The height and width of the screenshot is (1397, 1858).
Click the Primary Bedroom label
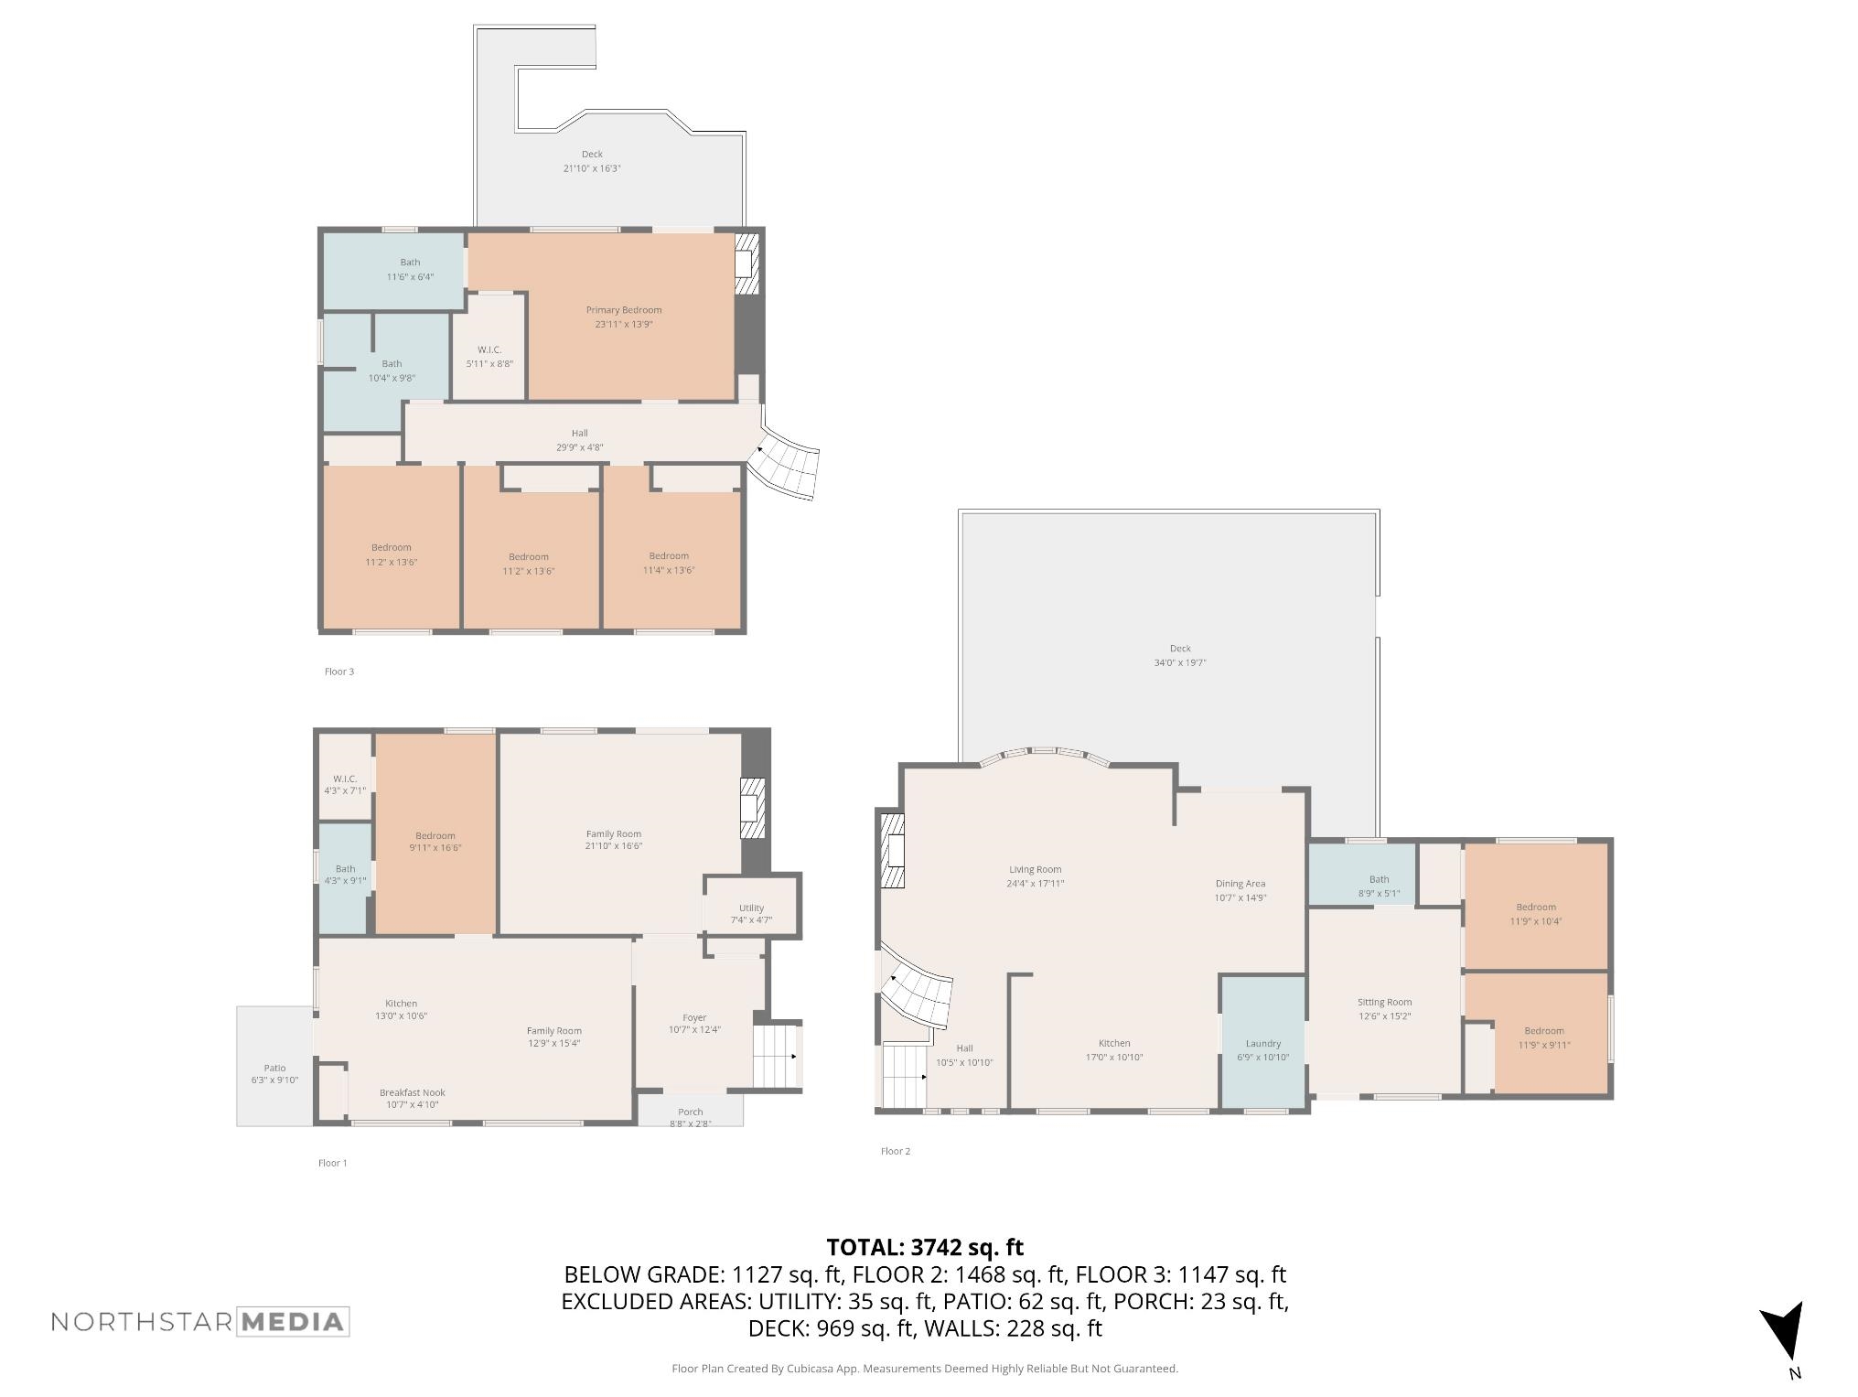click(x=624, y=310)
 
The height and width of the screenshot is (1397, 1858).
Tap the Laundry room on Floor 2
click(x=1263, y=1043)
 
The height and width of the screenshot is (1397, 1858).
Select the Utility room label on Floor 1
click(x=751, y=908)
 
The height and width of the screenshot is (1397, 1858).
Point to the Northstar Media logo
click(x=200, y=1322)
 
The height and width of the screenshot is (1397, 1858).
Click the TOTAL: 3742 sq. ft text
click(x=925, y=1248)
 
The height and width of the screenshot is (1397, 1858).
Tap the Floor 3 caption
click(x=339, y=672)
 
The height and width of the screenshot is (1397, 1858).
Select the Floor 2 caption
click(x=896, y=1151)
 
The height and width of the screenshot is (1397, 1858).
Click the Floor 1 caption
click(x=333, y=1163)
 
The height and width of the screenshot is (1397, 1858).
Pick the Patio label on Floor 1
click(x=274, y=1068)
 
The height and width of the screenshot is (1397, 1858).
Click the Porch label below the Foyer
click(x=691, y=1112)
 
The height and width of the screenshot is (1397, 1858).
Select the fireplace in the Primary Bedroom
click(x=746, y=264)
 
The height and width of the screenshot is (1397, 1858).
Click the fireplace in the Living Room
click(x=893, y=850)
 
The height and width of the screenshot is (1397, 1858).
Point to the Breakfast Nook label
click(x=413, y=1092)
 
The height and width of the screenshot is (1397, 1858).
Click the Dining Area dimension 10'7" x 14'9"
click(x=1240, y=897)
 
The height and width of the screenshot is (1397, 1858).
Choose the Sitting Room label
click(x=1384, y=1002)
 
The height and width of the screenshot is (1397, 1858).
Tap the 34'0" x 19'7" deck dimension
click(x=1180, y=662)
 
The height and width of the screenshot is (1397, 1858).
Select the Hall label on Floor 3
click(x=580, y=433)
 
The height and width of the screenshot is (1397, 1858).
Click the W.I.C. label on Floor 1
click(x=345, y=779)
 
